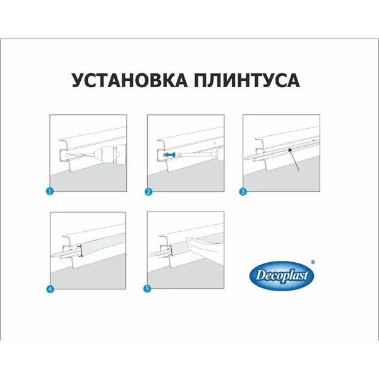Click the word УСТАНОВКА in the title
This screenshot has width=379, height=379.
pyautogui.click(x=129, y=80)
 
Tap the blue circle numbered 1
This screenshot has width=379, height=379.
pyautogui.click(x=49, y=191)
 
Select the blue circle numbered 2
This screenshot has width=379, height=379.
pyautogui.click(x=148, y=192)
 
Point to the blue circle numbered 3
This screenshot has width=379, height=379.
pyautogui.click(x=243, y=192)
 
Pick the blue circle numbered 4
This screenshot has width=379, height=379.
pyautogui.click(x=50, y=289)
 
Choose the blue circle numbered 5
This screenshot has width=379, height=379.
pyautogui.click(x=147, y=289)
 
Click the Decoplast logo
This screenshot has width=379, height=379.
pyautogui.click(x=282, y=275)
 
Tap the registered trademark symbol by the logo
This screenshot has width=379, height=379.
pyautogui.click(x=313, y=262)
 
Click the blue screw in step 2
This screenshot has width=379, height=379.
pyautogui.click(x=170, y=154)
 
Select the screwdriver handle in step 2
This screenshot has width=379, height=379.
pyautogui.click(x=218, y=152)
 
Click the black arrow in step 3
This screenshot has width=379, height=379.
pyautogui.click(x=294, y=160)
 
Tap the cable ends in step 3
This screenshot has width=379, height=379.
pyautogui.click(x=250, y=159)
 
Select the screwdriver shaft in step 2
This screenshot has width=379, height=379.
pyautogui.click(x=196, y=153)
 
